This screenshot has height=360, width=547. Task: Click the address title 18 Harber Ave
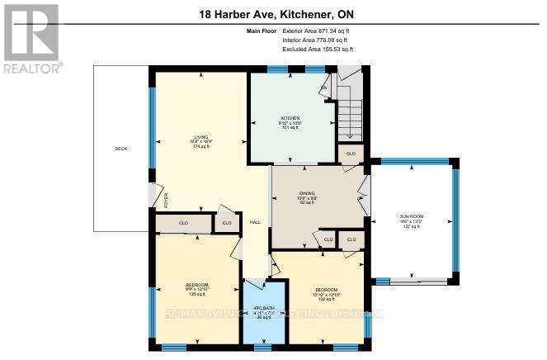[x=273, y=14]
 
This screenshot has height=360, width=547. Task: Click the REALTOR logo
[x=31, y=38]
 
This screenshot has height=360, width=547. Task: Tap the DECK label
[x=121, y=149]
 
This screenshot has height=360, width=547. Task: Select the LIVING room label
[x=200, y=137]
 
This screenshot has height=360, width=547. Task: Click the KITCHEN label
[x=289, y=118]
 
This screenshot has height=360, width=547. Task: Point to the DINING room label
[x=308, y=195]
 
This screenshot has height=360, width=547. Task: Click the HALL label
[x=256, y=221]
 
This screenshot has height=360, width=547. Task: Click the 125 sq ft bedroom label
[x=197, y=294]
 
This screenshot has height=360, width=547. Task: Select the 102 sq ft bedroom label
[x=327, y=299]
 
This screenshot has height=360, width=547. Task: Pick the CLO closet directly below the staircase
[x=350, y=154]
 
